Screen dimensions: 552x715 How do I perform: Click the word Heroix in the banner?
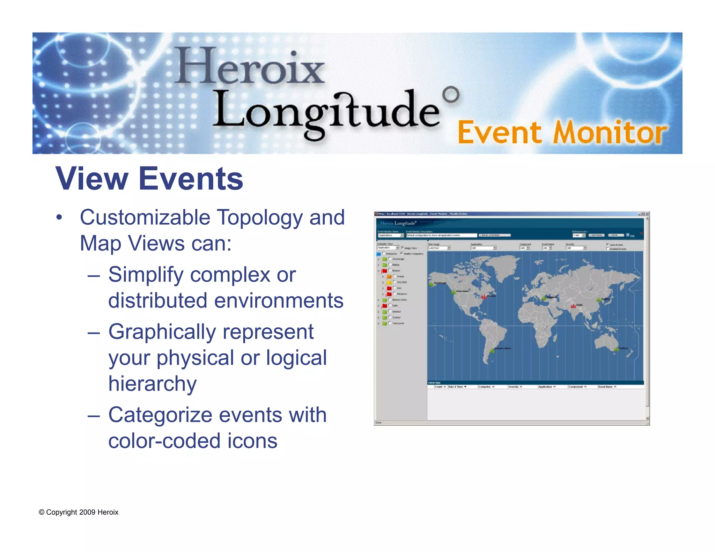[x=250, y=66]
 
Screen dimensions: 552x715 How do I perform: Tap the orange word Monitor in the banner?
[x=610, y=133]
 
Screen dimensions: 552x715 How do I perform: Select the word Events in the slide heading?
[x=191, y=179]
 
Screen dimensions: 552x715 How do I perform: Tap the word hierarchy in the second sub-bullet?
[x=152, y=383]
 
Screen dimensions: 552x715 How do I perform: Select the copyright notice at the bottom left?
[x=79, y=512]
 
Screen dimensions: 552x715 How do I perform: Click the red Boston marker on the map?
[x=484, y=297]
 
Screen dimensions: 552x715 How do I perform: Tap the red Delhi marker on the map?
[x=573, y=306]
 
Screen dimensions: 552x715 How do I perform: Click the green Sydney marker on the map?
[x=617, y=349]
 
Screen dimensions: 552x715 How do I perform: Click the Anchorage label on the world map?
[x=440, y=283]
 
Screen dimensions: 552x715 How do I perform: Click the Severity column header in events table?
[x=515, y=387]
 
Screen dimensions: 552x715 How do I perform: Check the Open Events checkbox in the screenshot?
[x=607, y=244]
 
